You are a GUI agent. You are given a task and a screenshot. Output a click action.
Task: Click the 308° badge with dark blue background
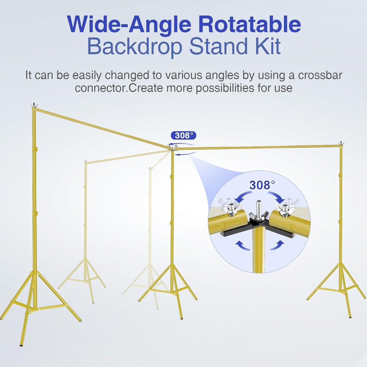coord(184,135)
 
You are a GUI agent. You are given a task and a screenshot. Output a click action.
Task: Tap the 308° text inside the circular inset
coord(262,185)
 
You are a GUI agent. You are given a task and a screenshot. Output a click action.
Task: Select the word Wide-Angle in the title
coord(129,24)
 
